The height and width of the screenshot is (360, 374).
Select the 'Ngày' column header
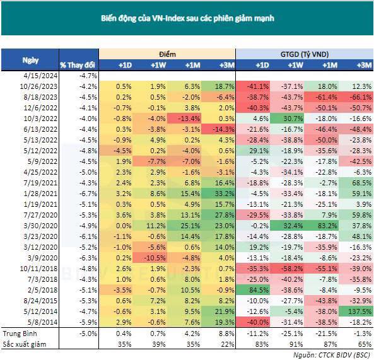click(30, 60)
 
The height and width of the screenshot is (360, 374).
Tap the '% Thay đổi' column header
click(78, 65)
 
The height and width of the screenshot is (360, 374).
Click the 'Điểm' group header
click(167, 54)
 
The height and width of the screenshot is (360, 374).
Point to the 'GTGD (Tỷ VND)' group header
click(305, 54)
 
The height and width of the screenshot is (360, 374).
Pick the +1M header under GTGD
click(329, 65)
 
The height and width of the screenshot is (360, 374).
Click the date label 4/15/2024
click(30, 75)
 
